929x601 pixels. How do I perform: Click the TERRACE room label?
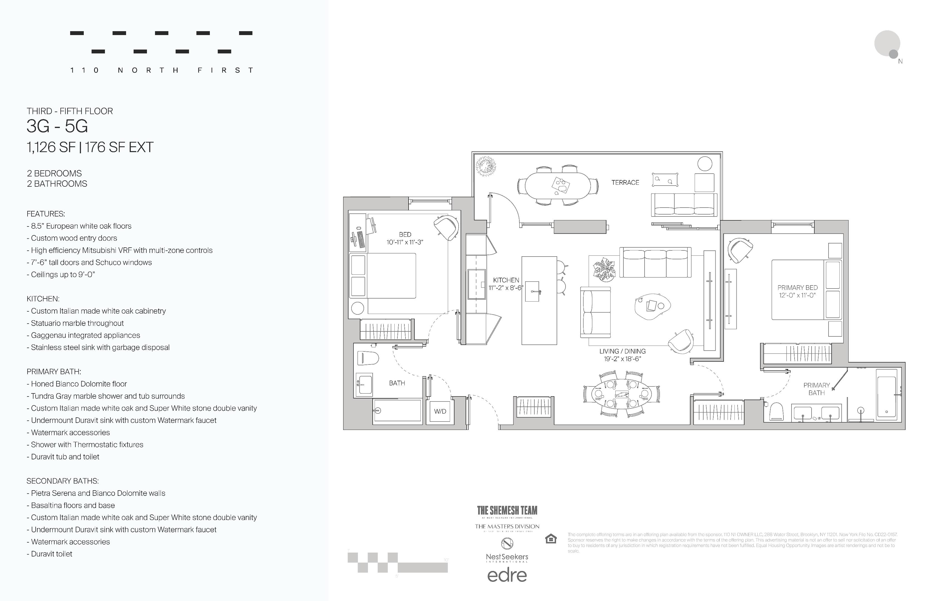tap(625, 183)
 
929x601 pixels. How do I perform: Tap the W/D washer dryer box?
tap(440, 411)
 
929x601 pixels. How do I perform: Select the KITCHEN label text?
tap(506, 280)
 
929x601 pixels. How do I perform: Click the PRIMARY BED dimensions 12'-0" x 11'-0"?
tap(797, 295)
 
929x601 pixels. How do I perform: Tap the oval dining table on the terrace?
tap(557, 186)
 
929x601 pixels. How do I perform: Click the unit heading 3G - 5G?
tap(57, 126)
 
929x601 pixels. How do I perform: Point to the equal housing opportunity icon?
tap(550, 539)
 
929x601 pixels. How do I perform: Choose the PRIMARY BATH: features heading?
tap(53, 371)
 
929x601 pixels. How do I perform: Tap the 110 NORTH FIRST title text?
tap(162, 70)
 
